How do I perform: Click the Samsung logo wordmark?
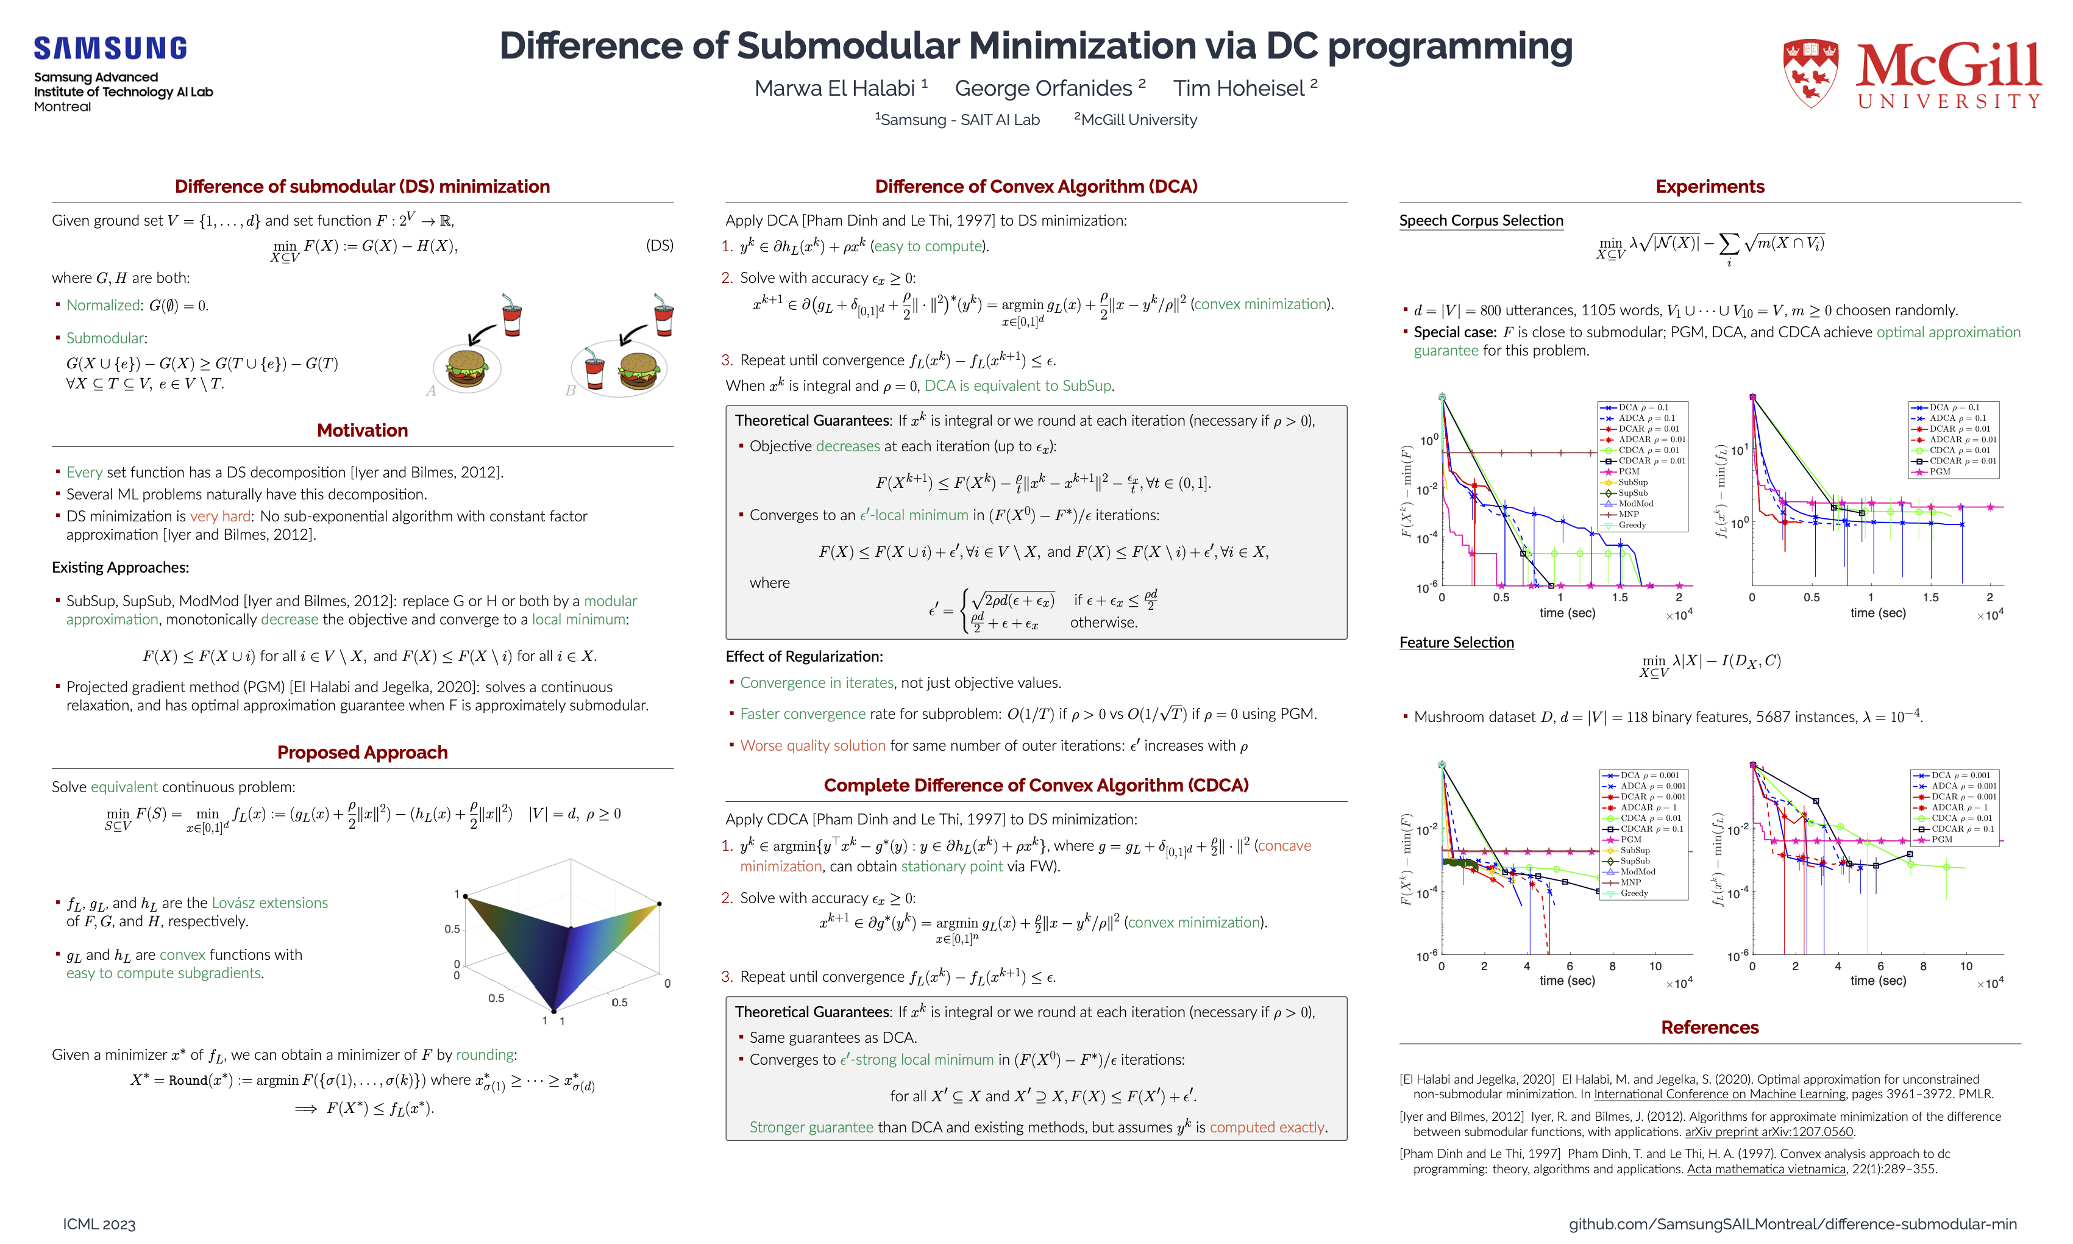pos(110,49)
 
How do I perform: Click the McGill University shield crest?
pos(1811,74)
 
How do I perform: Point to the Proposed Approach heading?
pos(362,752)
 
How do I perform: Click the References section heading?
pos(1709,1028)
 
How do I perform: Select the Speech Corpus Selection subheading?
pos(1481,221)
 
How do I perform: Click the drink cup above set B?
pos(664,314)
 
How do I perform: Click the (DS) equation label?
pos(660,246)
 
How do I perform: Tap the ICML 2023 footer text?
pos(99,1224)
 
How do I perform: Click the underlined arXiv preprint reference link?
pos(1769,1132)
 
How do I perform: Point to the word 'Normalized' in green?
pos(103,306)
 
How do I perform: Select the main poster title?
pos(1036,46)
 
